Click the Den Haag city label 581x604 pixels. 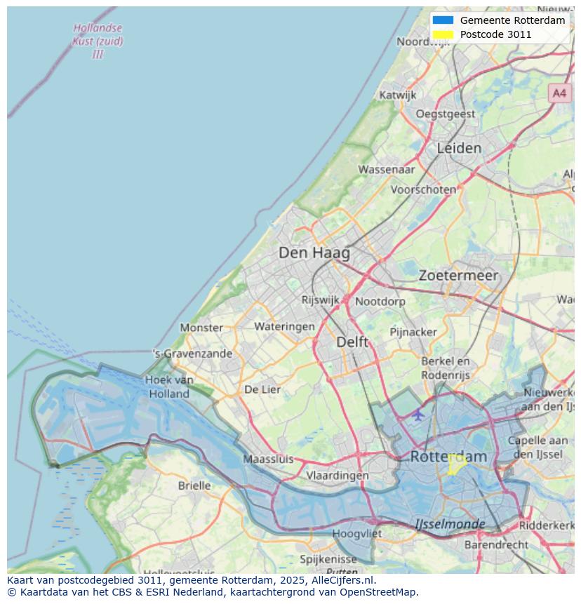tap(314, 253)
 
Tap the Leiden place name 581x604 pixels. tap(459, 148)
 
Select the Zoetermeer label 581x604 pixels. tap(458, 276)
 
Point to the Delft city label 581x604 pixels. tap(352, 342)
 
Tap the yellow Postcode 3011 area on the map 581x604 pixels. tap(456, 464)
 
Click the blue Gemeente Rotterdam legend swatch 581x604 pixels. tap(443, 20)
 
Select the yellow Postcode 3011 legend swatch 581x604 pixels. tap(443, 34)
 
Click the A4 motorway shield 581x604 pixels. tap(559, 93)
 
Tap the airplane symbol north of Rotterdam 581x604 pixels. tap(418, 414)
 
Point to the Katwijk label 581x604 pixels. tap(397, 95)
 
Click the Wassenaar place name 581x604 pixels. tap(386, 169)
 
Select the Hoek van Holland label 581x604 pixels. tap(169, 387)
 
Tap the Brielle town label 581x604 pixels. tap(194, 485)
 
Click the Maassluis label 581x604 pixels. tap(268, 459)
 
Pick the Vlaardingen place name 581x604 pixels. tap(337, 475)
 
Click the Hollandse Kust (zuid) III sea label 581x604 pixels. tap(98, 41)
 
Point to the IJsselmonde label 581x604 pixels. tap(449, 524)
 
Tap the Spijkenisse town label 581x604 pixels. tap(328, 559)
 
